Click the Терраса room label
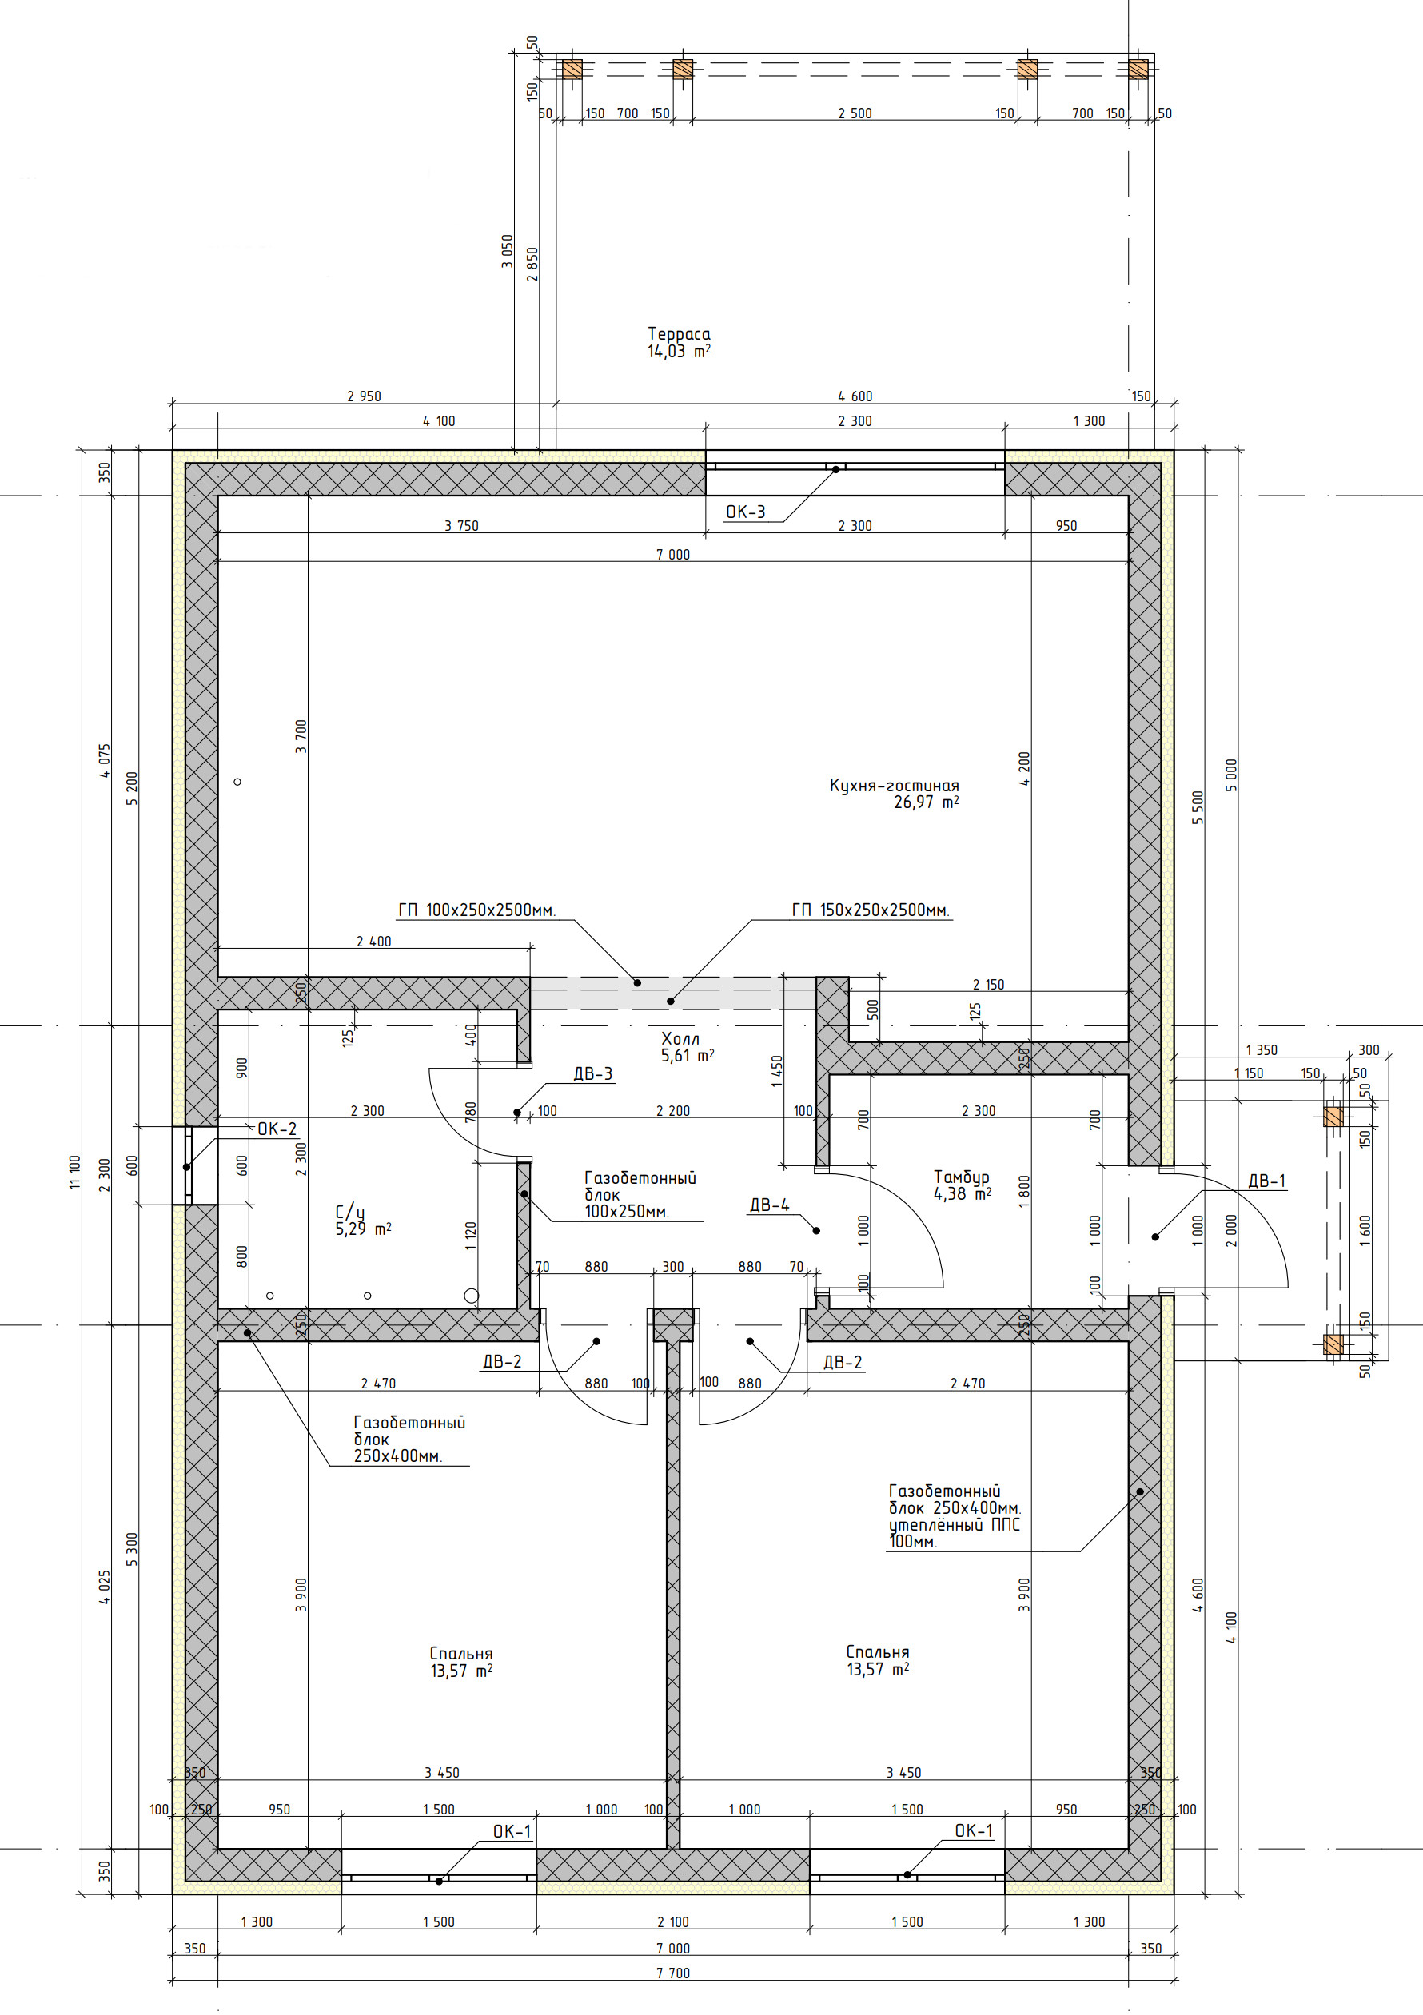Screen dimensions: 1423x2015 [679, 333]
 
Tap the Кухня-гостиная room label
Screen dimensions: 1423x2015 [894, 786]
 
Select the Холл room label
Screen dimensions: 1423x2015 [680, 1039]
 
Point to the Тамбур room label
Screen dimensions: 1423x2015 [961, 1177]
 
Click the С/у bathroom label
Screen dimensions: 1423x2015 [349, 1212]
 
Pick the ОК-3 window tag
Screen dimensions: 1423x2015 [745, 512]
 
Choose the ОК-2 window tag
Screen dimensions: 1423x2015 [277, 1129]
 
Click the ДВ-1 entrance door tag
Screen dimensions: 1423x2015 [1267, 1181]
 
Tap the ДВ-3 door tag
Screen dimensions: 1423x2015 [592, 1073]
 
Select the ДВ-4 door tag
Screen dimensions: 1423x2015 [769, 1205]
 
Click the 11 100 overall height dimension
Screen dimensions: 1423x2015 [74, 1173]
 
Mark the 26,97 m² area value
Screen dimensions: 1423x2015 [926, 802]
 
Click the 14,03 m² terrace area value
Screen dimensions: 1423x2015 [679, 351]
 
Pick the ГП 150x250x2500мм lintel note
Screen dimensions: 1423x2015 [870, 910]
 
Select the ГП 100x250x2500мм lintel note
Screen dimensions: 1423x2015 [476, 910]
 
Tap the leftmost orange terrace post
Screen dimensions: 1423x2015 [572, 69]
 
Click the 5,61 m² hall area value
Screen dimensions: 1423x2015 [688, 1056]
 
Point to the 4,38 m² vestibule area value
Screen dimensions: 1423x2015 [963, 1193]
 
